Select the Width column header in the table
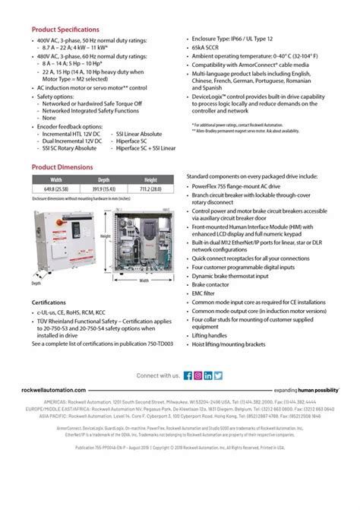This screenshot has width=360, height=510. [56, 180]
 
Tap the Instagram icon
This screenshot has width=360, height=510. [197, 375]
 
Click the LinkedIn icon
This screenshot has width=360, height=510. [208, 375]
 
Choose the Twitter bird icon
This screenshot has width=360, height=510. [218, 375]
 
